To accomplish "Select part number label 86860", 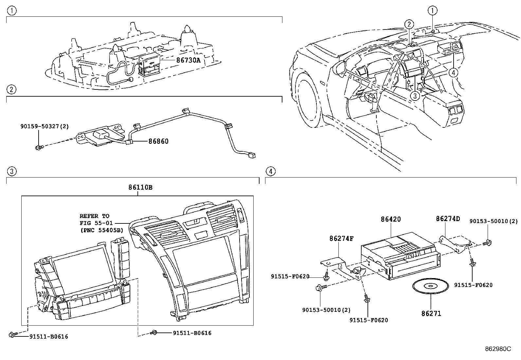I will [158, 142].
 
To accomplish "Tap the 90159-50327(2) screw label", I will [45, 126].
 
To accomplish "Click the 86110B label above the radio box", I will [140, 188].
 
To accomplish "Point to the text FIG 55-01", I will [96, 223].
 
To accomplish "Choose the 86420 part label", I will [391, 219].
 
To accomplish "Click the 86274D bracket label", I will [448, 219].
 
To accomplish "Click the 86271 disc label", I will [431, 313].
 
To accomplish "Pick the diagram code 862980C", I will [497, 349].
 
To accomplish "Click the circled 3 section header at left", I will [11, 171].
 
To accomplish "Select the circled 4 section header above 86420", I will [270, 171].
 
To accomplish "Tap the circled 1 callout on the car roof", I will [433, 11].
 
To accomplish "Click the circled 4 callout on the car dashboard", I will [453, 73].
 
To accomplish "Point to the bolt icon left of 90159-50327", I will [39, 148].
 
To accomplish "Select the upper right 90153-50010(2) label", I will [494, 221].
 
